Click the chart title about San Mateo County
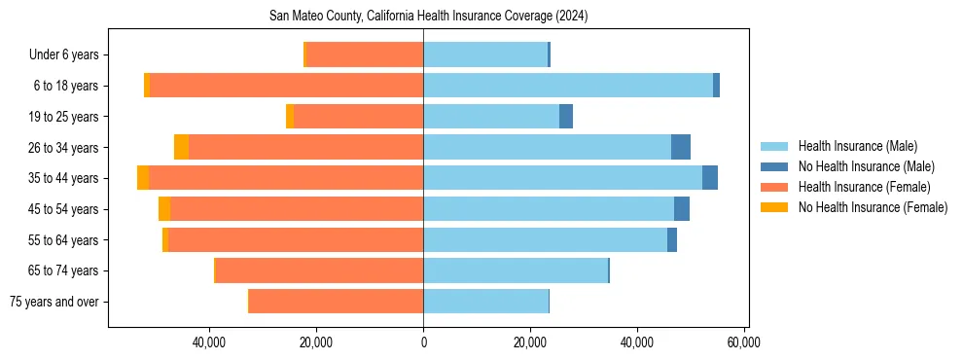click(428, 17)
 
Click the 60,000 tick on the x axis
click(743, 342)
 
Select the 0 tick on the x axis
click(423, 342)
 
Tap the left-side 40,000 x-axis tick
click(209, 342)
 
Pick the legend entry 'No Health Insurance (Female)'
click(873, 207)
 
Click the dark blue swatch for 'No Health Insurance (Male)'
click(774, 167)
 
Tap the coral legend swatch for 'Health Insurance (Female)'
click(774, 187)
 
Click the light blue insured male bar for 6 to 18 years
click(568, 86)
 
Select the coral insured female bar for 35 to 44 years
click(286, 178)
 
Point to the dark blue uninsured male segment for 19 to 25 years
click(566, 117)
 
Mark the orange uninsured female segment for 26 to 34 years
click(181, 147)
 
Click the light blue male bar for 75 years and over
click(485, 302)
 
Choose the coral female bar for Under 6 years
click(365, 54)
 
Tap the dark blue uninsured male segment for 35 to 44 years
click(710, 178)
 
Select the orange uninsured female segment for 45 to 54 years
click(164, 209)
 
